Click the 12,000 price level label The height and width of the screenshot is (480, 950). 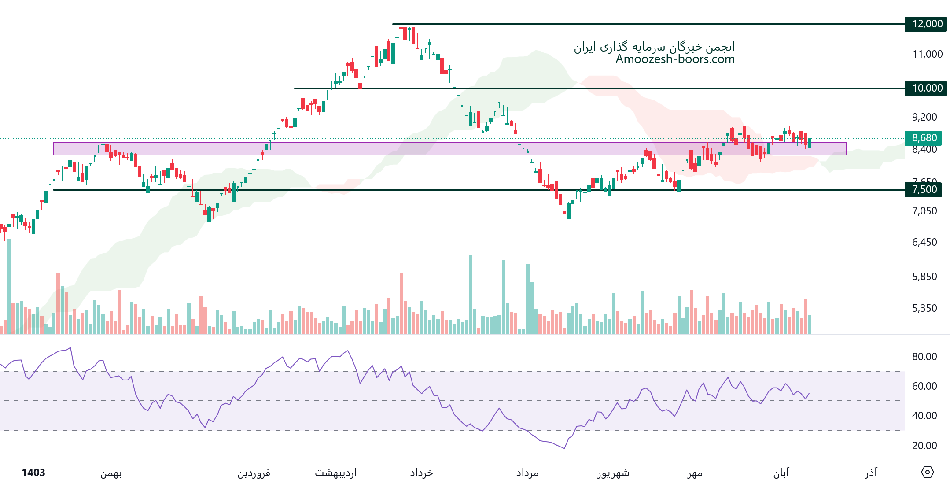[x=927, y=24]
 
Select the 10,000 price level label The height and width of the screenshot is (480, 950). [x=927, y=88]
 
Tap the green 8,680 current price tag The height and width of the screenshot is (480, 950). [x=924, y=138]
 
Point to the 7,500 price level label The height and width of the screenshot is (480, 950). [x=924, y=189]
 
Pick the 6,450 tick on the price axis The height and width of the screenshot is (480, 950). [x=924, y=242]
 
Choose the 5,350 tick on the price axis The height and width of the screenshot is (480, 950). [x=924, y=308]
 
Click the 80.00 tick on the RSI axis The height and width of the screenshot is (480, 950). [x=924, y=357]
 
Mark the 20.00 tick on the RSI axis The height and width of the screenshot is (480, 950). [x=924, y=446]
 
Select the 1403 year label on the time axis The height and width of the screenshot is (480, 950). [x=33, y=473]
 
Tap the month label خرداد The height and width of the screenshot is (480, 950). [x=421, y=473]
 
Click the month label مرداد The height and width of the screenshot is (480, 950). [x=527, y=473]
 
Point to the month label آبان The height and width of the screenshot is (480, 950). [x=781, y=473]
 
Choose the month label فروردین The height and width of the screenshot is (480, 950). [x=254, y=473]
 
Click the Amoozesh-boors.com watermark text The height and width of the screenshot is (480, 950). [x=675, y=59]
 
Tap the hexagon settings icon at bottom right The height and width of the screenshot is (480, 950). [x=927, y=472]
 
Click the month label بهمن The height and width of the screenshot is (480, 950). [x=111, y=473]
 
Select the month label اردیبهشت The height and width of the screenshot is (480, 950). [x=335, y=473]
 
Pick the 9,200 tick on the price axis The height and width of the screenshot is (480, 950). [x=924, y=117]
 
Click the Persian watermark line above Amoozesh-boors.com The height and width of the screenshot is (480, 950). [x=654, y=47]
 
